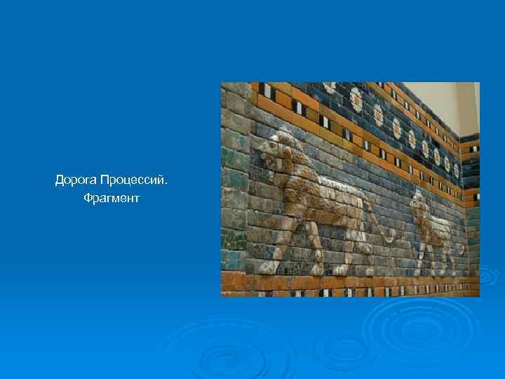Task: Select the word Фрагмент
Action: click(x=111, y=199)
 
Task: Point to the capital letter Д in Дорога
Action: click(x=60, y=181)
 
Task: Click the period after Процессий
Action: click(x=167, y=185)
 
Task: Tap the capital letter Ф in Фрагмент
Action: click(x=88, y=199)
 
